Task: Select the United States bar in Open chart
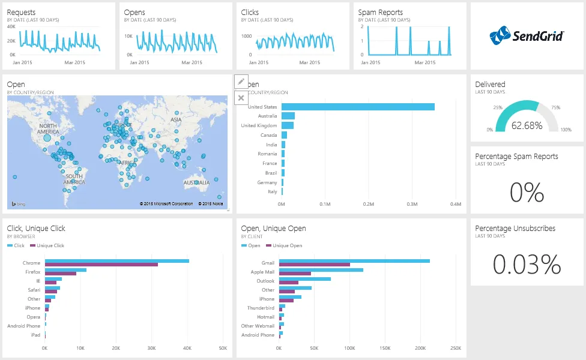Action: point(358,107)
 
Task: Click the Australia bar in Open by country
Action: point(288,116)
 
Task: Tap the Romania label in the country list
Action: point(268,154)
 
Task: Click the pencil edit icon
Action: point(241,81)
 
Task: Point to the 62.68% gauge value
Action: point(527,125)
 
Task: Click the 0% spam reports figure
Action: point(527,193)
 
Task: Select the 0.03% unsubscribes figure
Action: point(527,265)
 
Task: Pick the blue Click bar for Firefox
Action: point(65,270)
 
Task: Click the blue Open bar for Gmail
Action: point(354,261)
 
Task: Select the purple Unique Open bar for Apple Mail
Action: point(295,274)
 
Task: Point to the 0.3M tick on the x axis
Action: point(412,204)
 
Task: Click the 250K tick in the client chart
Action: point(455,348)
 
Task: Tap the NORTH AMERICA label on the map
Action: point(48,128)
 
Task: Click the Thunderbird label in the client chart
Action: point(261,308)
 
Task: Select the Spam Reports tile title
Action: point(381,12)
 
